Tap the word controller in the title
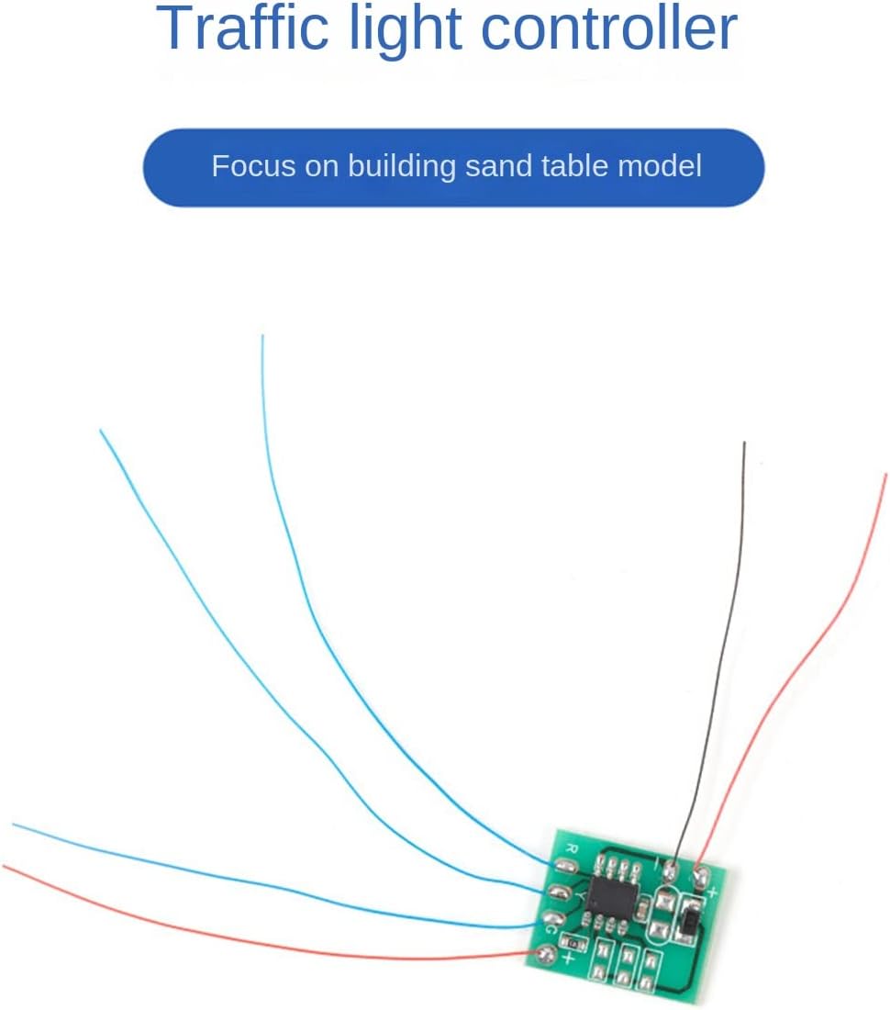click(609, 29)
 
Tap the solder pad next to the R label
click(562, 865)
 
